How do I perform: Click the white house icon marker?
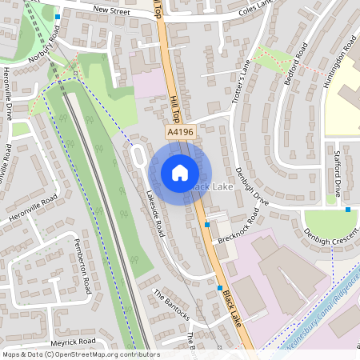[180, 171]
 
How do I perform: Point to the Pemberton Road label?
[82, 263]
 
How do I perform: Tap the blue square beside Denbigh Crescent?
[348, 210]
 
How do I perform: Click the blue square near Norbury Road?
[58, 16]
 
